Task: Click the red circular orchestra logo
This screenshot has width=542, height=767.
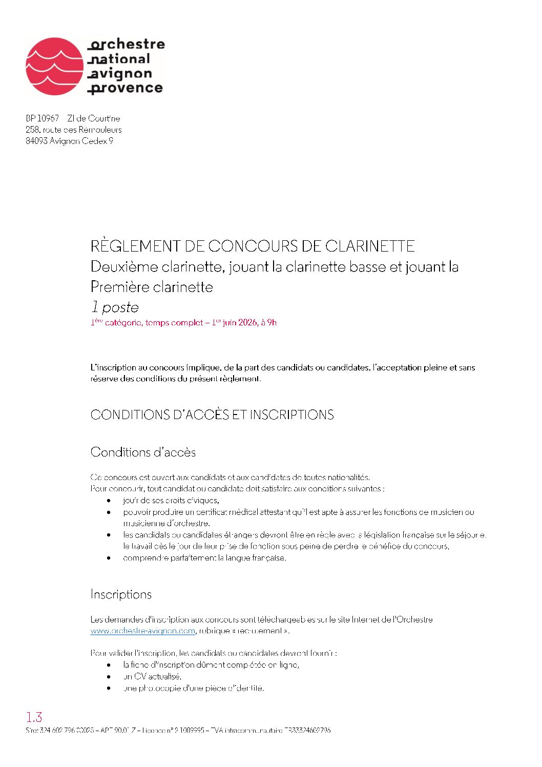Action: pos(54,66)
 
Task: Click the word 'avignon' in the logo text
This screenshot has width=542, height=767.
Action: pos(121,74)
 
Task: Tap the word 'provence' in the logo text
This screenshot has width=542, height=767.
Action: pos(126,88)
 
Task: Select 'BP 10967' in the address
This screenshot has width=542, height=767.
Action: pos(43,118)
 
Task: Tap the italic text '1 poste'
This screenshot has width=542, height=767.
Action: pos(115,307)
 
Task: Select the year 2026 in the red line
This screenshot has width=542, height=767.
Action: pos(248,323)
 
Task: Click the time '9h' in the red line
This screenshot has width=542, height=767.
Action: pos(272,323)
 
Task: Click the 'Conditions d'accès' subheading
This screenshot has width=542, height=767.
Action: pos(143,452)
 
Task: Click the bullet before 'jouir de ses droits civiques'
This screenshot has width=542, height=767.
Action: pos(109,501)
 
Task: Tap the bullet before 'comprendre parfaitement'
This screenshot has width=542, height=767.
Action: pos(109,558)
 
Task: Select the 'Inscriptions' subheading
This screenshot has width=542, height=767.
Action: pos(121,594)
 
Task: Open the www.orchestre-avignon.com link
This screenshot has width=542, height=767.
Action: pos(143,631)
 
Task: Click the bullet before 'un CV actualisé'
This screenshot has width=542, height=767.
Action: pos(109,677)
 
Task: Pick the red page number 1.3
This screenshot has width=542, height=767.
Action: pos(34,717)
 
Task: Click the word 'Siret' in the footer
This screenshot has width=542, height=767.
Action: pos(31,730)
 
